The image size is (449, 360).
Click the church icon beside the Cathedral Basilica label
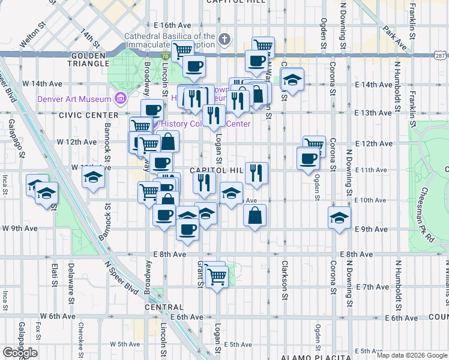(x=224, y=40)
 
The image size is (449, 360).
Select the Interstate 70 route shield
(x=164, y=55)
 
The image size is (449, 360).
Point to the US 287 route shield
(x=439, y=55)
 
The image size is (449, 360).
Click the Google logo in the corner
(x=20, y=353)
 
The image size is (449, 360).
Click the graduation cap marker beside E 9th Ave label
(x=339, y=217)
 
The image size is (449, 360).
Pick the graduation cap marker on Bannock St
(x=93, y=177)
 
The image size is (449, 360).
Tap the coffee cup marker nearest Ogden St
(x=308, y=158)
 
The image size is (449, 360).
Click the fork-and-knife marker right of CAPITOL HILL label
(x=256, y=173)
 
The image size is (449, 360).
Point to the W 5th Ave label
(x=124, y=344)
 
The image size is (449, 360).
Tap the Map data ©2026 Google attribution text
(x=412, y=355)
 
